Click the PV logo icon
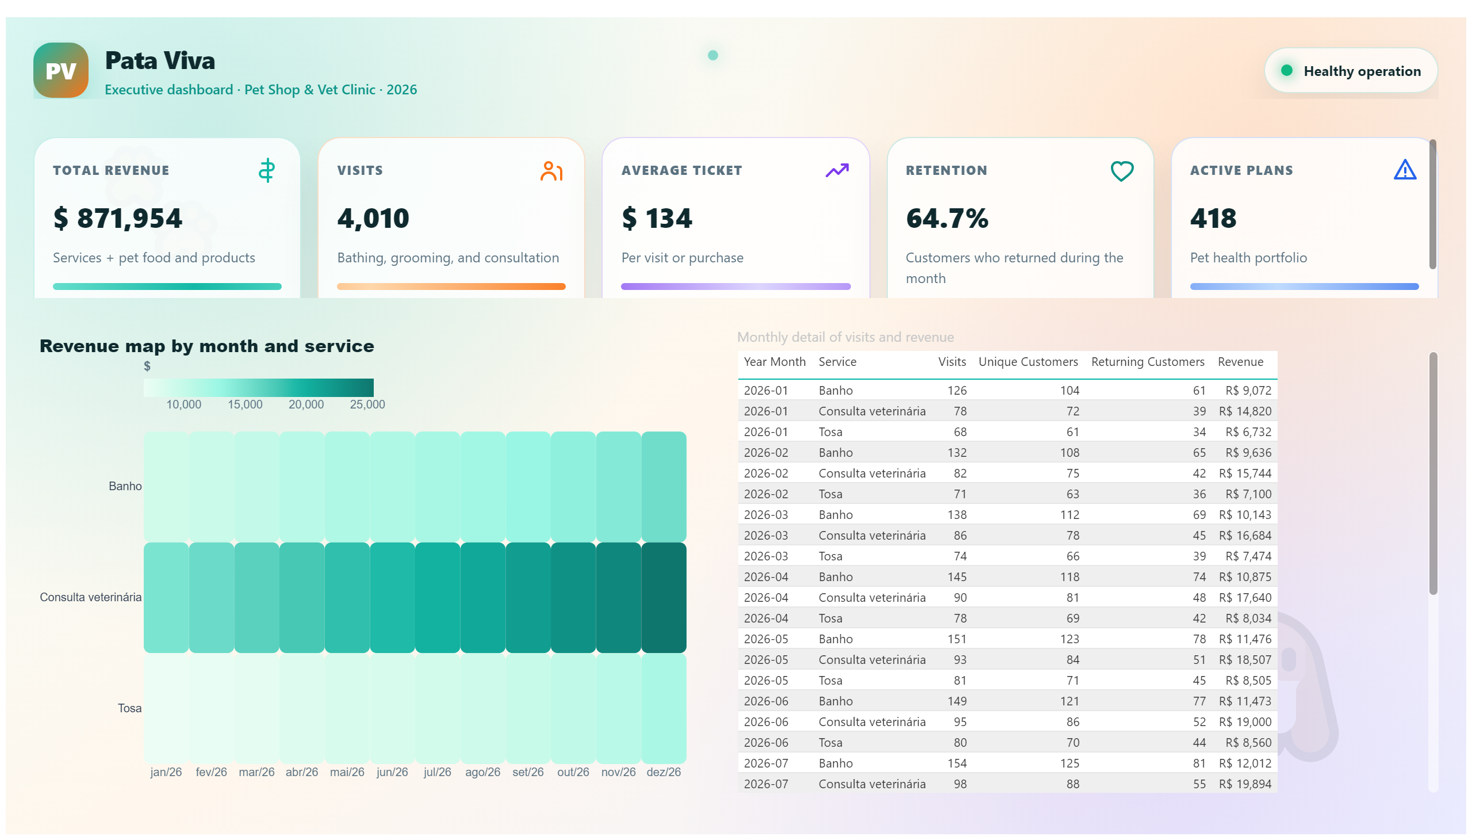[x=60, y=70]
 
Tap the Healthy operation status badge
[x=1350, y=71]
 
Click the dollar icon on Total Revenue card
[x=266, y=171]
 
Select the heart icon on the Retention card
[x=1121, y=171]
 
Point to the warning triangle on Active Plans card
[x=1405, y=170]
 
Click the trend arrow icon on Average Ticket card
[x=837, y=170]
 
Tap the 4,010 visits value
[x=373, y=219]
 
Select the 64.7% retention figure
[x=947, y=219]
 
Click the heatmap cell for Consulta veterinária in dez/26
[x=664, y=598]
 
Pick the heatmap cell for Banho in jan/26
[x=166, y=486]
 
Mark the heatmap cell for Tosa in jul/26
[x=438, y=708]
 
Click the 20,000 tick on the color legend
[x=306, y=404]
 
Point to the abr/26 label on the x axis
[x=301, y=772]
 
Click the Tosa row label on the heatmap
[x=130, y=708]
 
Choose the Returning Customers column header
[x=1147, y=362]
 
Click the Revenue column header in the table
[x=1240, y=362]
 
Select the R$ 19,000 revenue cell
[x=1245, y=721]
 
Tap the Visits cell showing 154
[x=957, y=763]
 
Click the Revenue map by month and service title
[x=206, y=346]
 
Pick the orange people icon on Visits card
[x=551, y=171]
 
